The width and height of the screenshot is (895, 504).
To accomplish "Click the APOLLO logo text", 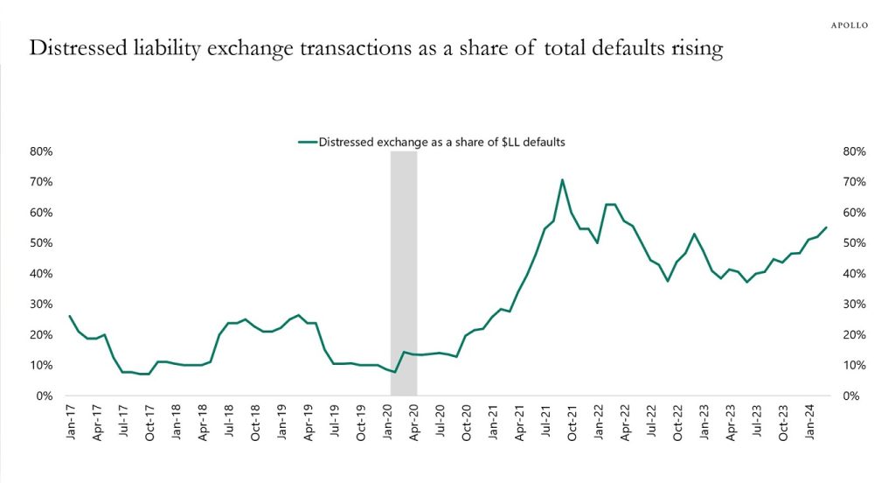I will click(x=849, y=25).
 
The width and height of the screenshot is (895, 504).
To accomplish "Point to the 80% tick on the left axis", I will click(x=42, y=151).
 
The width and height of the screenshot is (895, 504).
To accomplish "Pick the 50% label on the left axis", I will click(x=42, y=243).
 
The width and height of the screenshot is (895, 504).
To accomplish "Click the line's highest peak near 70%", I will click(x=562, y=180).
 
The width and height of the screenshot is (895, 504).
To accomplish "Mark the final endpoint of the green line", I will click(x=826, y=227).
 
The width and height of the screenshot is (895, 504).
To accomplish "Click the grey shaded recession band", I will click(x=403, y=262).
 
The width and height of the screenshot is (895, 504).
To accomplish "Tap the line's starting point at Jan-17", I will click(x=69, y=316).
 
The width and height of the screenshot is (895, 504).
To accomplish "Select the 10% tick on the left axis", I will click(x=42, y=366).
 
